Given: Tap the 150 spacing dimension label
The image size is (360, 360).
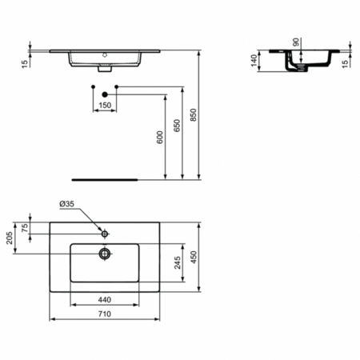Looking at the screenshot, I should click(x=105, y=105).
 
